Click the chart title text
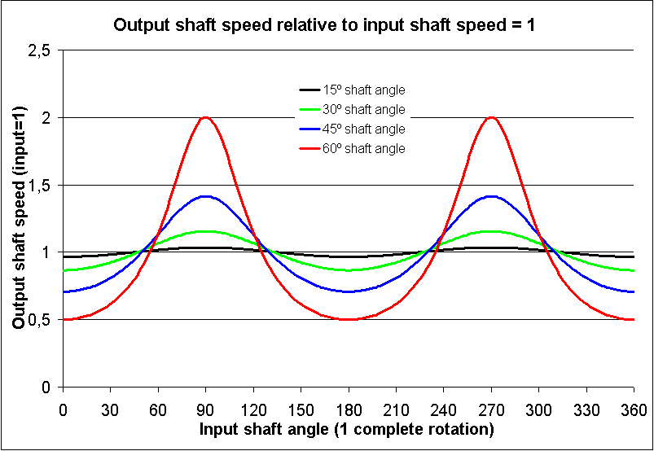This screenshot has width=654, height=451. [x=323, y=24]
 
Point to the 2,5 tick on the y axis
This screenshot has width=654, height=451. [x=38, y=50]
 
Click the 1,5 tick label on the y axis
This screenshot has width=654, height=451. [x=38, y=186]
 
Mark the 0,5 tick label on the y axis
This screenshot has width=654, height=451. [x=38, y=320]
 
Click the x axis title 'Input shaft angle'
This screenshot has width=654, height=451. [x=348, y=428]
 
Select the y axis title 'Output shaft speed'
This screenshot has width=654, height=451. [x=18, y=218]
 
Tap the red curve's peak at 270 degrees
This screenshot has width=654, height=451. [x=491, y=117]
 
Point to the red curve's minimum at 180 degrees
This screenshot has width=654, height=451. [x=349, y=319]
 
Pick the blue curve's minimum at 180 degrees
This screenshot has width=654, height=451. [x=349, y=291]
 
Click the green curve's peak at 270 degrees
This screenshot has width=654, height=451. [x=491, y=231]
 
